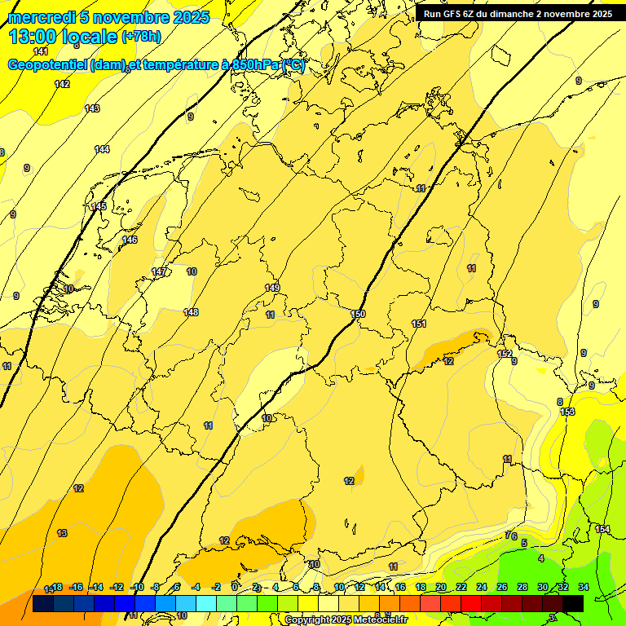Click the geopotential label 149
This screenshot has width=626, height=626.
[x=272, y=288]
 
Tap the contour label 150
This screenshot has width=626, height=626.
[x=358, y=314]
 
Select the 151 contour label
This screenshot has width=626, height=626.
[x=419, y=324]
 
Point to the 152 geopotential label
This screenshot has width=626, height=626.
[x=505, y=354]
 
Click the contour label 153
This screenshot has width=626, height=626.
[x=567, y=412]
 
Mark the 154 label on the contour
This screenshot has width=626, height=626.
[x=602, y=529]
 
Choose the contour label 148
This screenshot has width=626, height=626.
[x=191, y=312]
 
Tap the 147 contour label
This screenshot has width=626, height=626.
[x=159, y=271]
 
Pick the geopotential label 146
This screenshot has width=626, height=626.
[x=130, y=240]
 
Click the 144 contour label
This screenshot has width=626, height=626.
[x=102, y=149]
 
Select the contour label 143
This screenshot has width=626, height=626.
[x=92, y=108]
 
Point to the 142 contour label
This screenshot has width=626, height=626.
[x=62, y=84]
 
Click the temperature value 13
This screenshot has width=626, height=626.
[x=62, y=533]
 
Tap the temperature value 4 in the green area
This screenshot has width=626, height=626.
[x=541, y=558]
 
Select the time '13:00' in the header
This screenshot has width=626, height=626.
[x=32, y=37]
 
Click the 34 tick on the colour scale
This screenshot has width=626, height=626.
[x=584, y=587]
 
